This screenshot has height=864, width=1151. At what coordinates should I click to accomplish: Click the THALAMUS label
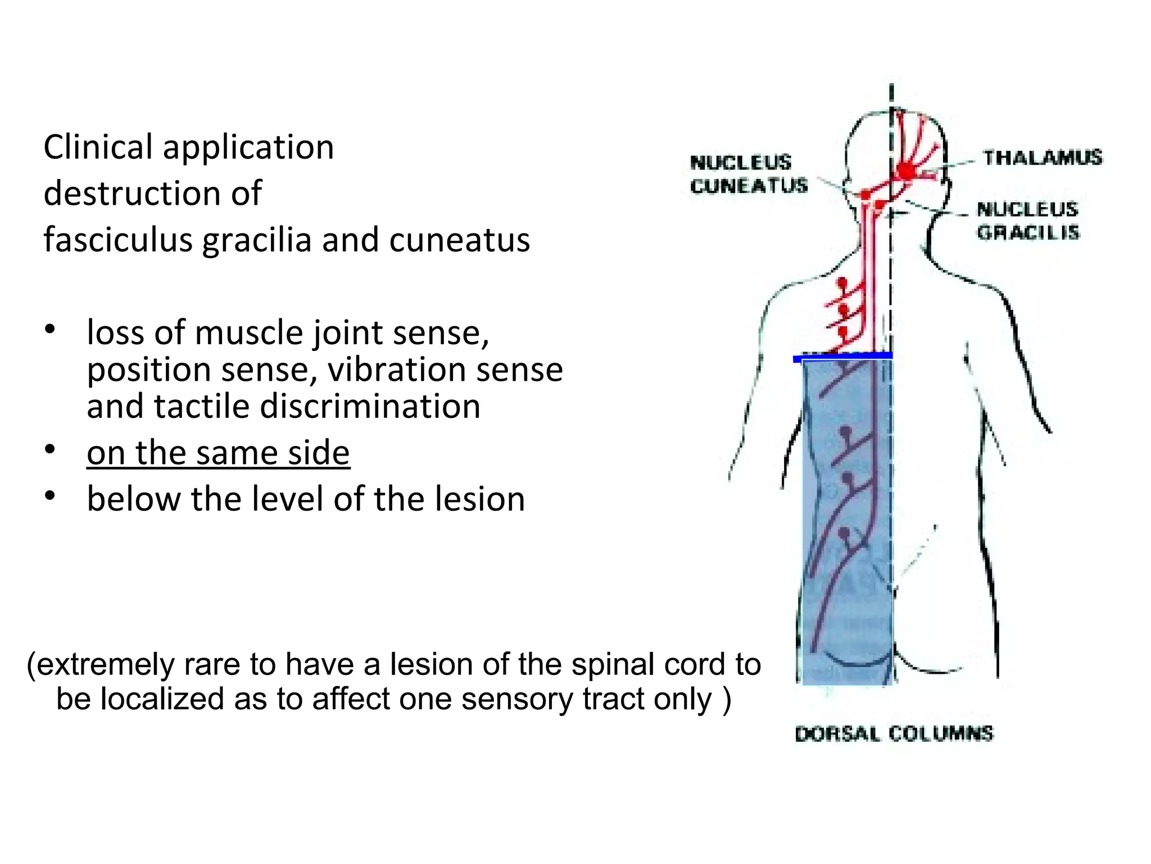click(x=1043, y=157)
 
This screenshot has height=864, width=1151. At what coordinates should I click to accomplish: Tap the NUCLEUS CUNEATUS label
click(x=748, y=174)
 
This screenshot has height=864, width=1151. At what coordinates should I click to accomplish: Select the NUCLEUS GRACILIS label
click(x=1028, y=220)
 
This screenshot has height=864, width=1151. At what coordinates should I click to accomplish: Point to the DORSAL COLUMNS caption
click(x=894, y=733)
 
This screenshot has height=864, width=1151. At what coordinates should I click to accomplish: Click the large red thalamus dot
click(x=907, y=170)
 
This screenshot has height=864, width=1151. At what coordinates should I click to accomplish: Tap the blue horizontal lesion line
click(x=842, y=357)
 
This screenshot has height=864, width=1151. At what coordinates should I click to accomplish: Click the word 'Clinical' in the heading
click(x=98, y=147)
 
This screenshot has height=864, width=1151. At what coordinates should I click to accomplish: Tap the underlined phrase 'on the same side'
click(x=218, y=453)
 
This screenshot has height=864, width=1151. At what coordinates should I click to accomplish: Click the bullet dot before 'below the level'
click(x=51, y=496)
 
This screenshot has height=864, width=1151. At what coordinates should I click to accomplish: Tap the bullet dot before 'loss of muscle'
click(x=51, y=329)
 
